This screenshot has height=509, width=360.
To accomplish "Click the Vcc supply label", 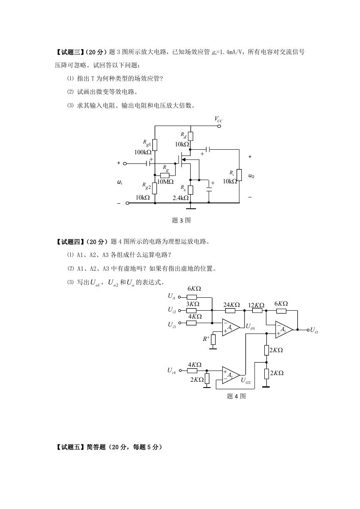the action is coord(218,119).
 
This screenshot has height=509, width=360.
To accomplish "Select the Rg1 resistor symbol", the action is coord(155,145).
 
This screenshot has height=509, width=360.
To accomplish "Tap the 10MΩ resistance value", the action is coord(165,182).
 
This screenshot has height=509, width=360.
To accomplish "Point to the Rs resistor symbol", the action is coord(191,190).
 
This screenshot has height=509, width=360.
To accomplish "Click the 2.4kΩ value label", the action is coord(181,198).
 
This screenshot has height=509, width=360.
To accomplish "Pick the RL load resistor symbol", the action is coord(239,175).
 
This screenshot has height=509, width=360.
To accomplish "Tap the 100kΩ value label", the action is coord(143,152).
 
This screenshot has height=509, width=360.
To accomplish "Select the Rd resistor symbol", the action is coord(191,136).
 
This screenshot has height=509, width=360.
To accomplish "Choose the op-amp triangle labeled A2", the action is coord(231,375).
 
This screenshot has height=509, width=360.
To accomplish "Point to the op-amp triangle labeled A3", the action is coord(284,329).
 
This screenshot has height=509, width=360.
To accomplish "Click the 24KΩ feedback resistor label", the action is coord(231,305).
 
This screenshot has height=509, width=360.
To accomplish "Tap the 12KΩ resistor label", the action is coord(256,305).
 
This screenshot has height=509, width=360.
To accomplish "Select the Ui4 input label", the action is coord(172,371).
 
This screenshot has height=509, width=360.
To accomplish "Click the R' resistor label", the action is coord(206,339).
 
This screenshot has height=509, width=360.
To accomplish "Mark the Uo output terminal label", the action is coord(314,330).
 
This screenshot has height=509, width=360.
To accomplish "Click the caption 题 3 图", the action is coord(181,220).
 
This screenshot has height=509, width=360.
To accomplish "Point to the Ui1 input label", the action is coord(172,296).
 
